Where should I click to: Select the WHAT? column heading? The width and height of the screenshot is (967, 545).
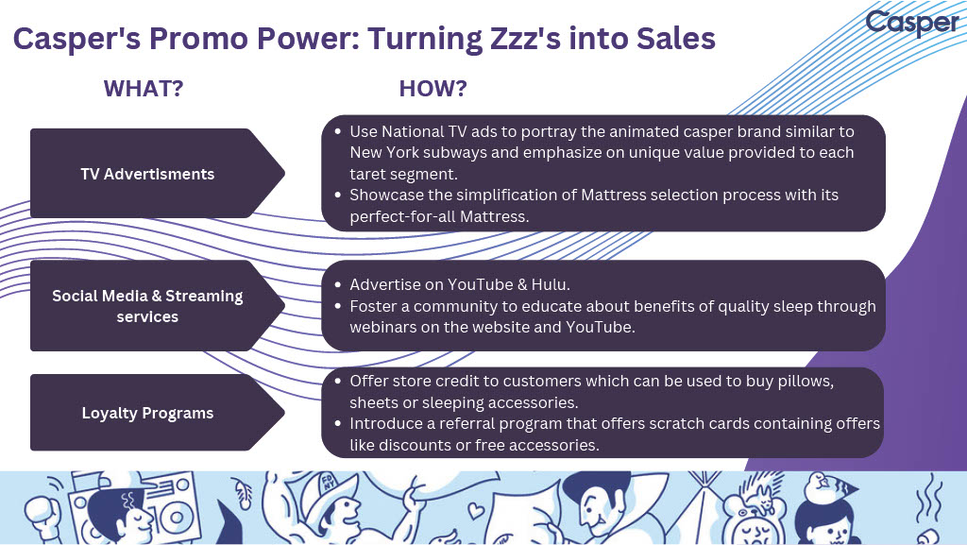pos(144,88)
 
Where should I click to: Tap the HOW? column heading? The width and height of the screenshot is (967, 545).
pos(433,88)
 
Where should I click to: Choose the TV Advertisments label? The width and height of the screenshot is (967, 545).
pos(147,174)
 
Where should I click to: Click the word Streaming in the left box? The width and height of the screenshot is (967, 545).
pos(204,296)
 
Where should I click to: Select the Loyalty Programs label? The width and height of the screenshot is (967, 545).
pos(147,413)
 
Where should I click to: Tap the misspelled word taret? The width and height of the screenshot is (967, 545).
pos(369,175)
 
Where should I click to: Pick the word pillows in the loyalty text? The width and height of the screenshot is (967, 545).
pos(806,382)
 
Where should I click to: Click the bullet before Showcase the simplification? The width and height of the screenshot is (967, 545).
pos(337,195)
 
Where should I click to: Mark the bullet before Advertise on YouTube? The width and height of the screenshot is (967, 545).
pos(337,285)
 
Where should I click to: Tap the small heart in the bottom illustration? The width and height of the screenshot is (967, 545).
pos(476,510)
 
